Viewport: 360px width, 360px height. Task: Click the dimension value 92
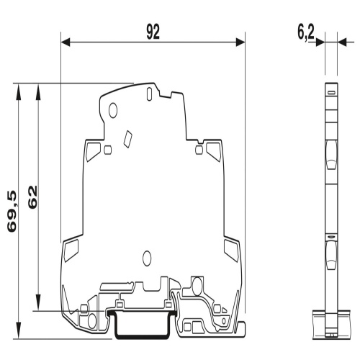pos(153,32)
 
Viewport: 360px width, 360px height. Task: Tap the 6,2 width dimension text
pos(306,32)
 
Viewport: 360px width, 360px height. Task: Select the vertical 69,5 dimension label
pos(12,211)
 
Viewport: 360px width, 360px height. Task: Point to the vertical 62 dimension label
pos(32,197)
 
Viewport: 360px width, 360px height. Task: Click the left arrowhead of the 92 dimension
pos(66,42)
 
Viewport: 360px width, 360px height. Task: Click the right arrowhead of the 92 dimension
pos(240,42)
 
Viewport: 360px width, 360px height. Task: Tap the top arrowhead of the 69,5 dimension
pos(18,91)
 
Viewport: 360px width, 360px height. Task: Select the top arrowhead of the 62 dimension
pos(38,91)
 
